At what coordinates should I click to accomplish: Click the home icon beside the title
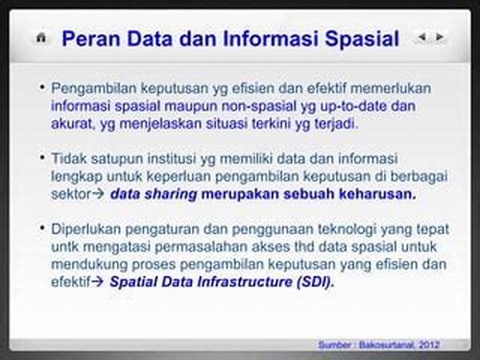coord(41,38)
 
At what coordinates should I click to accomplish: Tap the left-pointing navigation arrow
coord(422,37)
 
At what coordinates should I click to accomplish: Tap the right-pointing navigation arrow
coord(439,37)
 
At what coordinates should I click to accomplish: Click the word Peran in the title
coord(91,39)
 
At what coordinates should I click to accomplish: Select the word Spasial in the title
coord(362,39)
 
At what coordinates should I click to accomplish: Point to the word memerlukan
coord(390,88)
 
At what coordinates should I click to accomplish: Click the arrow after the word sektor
coord(98,194)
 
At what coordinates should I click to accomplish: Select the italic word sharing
coord(171,194)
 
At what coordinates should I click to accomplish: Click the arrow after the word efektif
coord(98,282)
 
